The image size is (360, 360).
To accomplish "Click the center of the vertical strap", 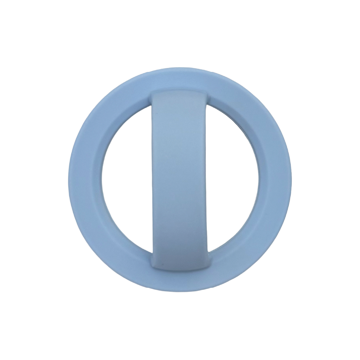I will [180, 180].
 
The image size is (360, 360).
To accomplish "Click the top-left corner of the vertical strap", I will [152, 94].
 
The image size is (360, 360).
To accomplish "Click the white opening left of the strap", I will [127, 180].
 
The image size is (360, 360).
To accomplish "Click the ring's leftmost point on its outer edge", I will [68, 180].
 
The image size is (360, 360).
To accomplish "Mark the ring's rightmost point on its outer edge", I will [292, 180].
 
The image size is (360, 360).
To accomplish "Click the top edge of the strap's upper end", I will [180, 90].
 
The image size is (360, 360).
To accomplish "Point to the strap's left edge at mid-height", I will [152, 180].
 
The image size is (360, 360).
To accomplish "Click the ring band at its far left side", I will [85, 180].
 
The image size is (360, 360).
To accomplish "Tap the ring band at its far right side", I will [275, 180].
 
